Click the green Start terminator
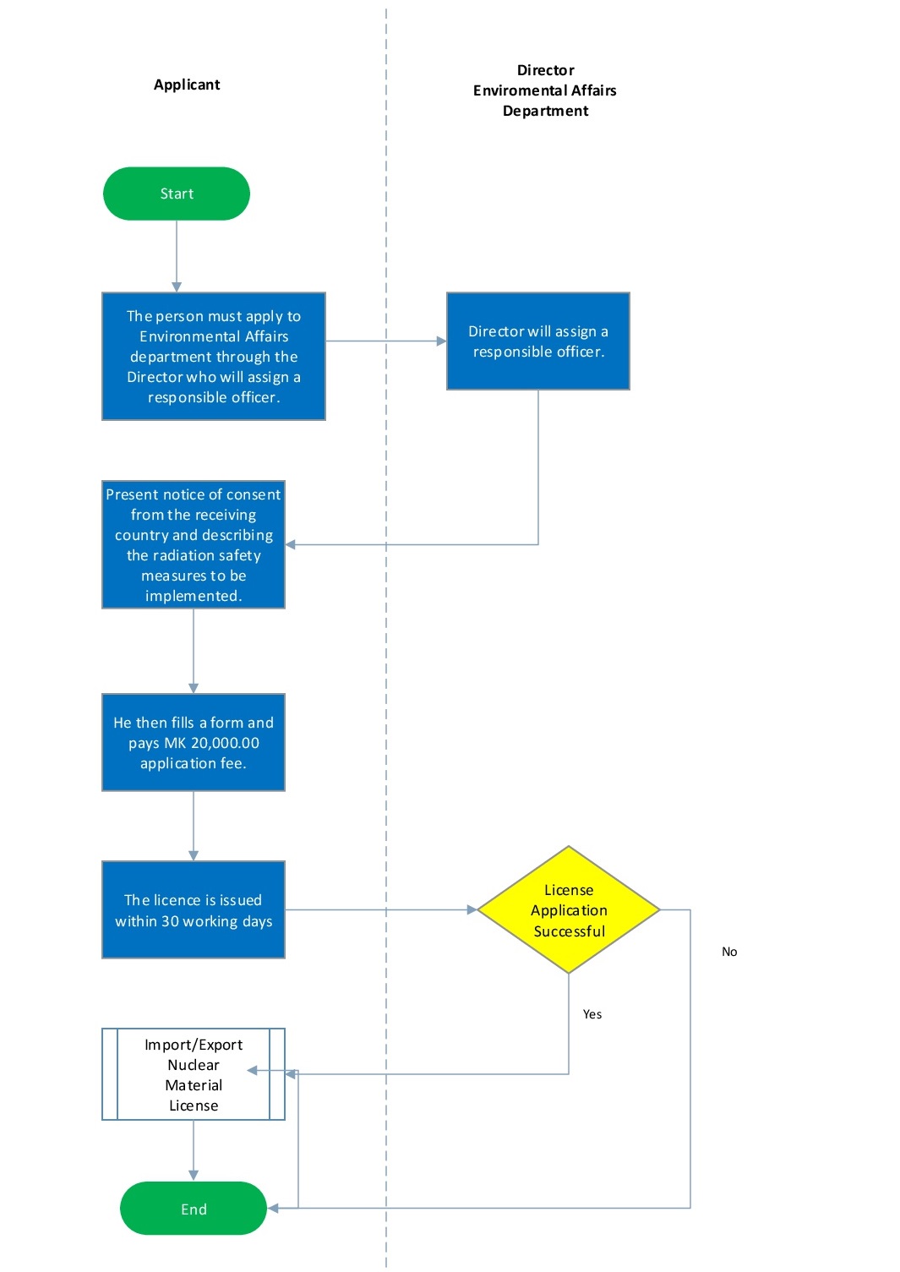pos(176,194)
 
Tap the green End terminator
pos(194,1209)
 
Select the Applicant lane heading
pos(187,85)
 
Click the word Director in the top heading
pos(545,70)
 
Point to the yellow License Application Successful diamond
pos(569,910)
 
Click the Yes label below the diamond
pos(592,1014)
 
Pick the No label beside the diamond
pos(729,952)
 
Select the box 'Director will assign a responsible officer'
pos(538,341)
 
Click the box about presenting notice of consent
pos(194,544)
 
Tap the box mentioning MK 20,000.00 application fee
pos(194,743)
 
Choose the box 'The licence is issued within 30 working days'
pos(194,910)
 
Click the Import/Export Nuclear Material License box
pos(194,1074)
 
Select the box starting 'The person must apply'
pos(214,356)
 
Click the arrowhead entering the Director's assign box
pos(441,341)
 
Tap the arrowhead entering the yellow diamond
pos(472,910)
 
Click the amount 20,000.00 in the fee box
pos(225,743)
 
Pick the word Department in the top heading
pos(545,111)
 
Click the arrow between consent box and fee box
pos(194,651)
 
